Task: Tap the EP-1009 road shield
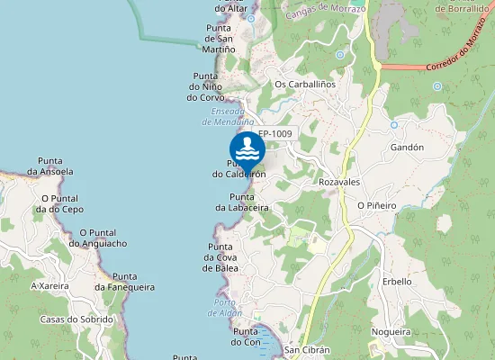(x=274, y=134)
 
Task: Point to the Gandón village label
(x=407, y=147)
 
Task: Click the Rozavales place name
(x=339, y=182)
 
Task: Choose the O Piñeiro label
(x=376, y=205)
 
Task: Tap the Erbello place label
(x=396, y=282)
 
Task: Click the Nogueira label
(x=390, y=332)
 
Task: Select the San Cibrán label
(x=307, y=350)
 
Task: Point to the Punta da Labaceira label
(x=242, y=202)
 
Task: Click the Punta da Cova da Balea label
(x=220, y=257)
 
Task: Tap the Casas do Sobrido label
(x=76, y=319)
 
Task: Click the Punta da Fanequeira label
(x=124, y=282)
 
